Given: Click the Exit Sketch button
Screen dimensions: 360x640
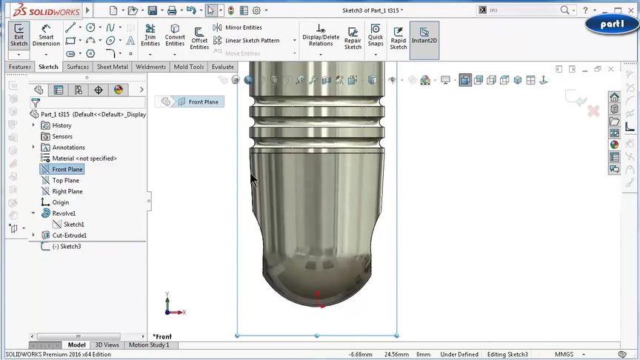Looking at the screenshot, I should [x=19, y=35].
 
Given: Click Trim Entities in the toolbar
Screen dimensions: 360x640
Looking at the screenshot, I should [x=150, y=35].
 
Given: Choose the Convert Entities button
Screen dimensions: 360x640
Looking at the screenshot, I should [x=175, y=35].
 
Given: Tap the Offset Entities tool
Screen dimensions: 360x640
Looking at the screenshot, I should [x=199, y=37].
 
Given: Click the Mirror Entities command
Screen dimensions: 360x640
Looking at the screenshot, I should [x=238, y=27].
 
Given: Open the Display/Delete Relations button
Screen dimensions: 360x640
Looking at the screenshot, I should [x=321, y=35].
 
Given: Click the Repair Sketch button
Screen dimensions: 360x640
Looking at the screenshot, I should [x=353, y=35].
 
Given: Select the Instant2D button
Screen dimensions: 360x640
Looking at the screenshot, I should [x=424, y=35].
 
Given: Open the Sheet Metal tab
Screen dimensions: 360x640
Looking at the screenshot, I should [x=112, y=67].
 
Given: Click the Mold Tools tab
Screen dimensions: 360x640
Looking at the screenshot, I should [x=188, y=67].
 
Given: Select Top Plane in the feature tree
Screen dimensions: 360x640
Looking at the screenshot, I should [x=65, y=180].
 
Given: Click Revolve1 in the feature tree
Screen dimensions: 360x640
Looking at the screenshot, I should [x=64, y=213].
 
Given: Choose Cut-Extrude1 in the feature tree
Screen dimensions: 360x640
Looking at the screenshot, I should [x=69, y=236].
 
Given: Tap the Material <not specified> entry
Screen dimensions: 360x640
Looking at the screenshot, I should [x=84, y=159].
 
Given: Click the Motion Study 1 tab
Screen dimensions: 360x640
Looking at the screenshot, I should [x=149, y=344].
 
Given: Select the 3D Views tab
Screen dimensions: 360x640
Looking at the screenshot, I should [x=107, y=344].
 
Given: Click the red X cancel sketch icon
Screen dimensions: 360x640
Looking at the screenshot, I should [x=593, y=111].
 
